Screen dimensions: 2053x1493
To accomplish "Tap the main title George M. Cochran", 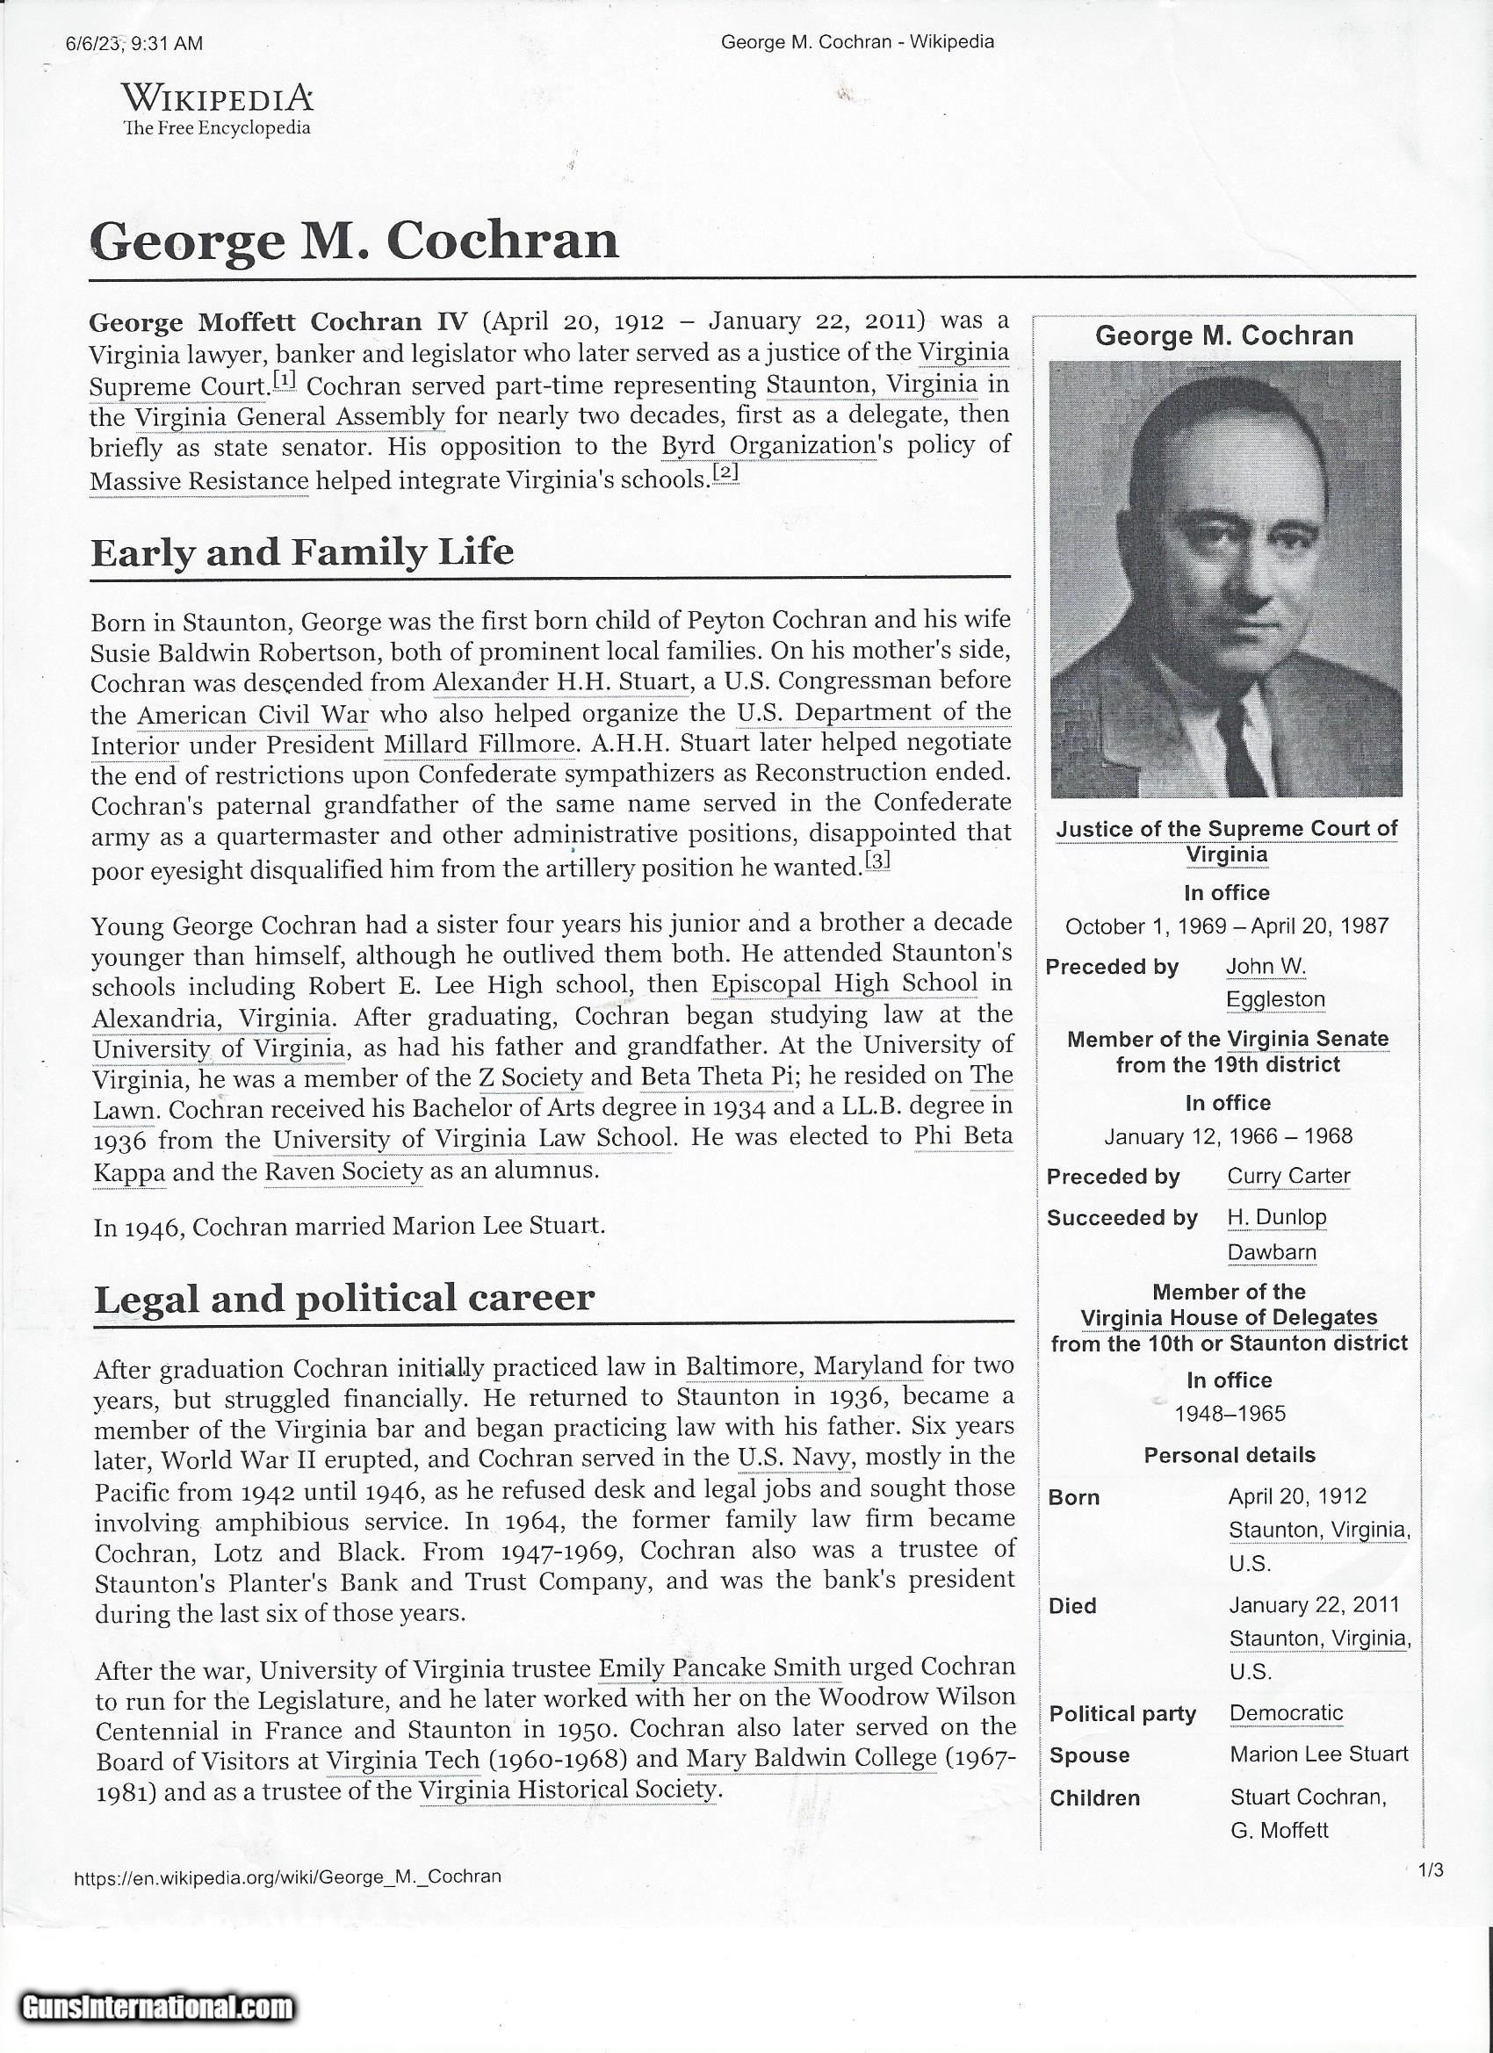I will (354, 241).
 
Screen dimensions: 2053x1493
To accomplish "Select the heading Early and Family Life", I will (302, 552).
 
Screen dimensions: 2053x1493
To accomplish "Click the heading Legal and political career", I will (344, 1298).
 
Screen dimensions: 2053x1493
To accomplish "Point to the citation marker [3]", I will (877, 860).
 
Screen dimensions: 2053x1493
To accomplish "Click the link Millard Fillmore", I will (480, 745).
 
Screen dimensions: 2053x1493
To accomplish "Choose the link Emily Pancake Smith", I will (720, 1668).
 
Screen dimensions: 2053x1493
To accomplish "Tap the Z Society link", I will (530, 1078).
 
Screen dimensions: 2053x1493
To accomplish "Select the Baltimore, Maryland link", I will (804, 1365).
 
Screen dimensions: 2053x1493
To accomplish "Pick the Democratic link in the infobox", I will (1286, 1712).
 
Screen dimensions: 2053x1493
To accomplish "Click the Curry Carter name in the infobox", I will (1288, 1176).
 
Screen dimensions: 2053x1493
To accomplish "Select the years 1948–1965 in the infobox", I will (1230, 1413).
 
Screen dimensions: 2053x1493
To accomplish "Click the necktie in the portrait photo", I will (1236, 742).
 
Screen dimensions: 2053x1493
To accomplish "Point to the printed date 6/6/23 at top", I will (94, 43).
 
